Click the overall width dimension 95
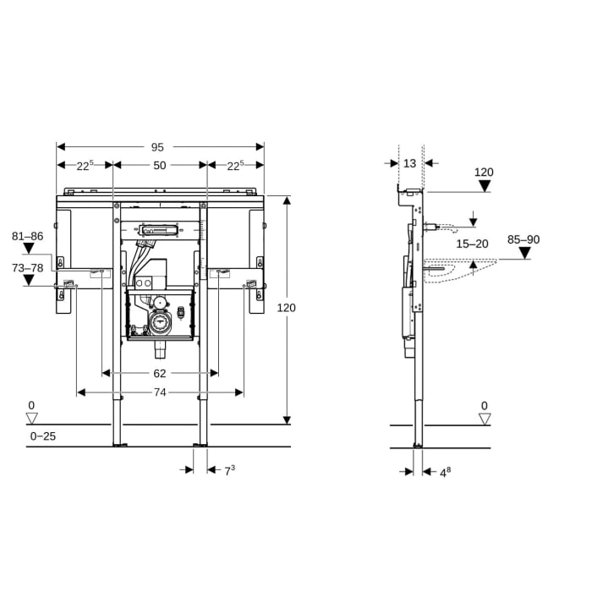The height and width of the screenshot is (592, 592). pyautogui.click(x=160, y=145)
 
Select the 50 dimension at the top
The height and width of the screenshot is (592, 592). pyautogui.click(x=160, y=166)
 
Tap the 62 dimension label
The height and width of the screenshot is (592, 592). pyautogui.click(x=160, y=372)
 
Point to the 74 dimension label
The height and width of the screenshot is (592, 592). pyautogui.click(x=160, y=392)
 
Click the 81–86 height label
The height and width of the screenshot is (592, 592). pyautogui.click(x=27, y=236)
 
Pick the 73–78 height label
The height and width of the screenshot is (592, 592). pyautogui.click(x=27, y=267)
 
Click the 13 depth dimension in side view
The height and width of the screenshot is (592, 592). pyautogui.click(x=410, y=163)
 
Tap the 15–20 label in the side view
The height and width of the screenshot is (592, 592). pyautogui.click(x=472, y=244)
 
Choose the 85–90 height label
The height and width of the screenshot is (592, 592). pyautogui.click(x=523, y=239)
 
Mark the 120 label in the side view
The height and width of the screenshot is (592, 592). pyautogui.click(x=484, y=173)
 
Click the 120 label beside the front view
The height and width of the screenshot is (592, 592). pyautogui.click(x=287, y=308)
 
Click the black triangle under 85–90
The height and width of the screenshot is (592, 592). pyautogui.click(x=524, y=253)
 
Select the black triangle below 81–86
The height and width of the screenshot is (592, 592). pyautogui.click(x=28, y=249)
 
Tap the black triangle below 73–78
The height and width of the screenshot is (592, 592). pyautogui.click(x=28, y=280)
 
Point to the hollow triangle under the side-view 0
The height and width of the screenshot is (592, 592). pyautogui.click(x=484, y=419)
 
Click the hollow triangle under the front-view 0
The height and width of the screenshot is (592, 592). pyautogui.click(x=32, y=419)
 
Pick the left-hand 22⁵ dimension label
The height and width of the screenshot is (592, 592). pyautogui.click(x=84, y=166)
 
